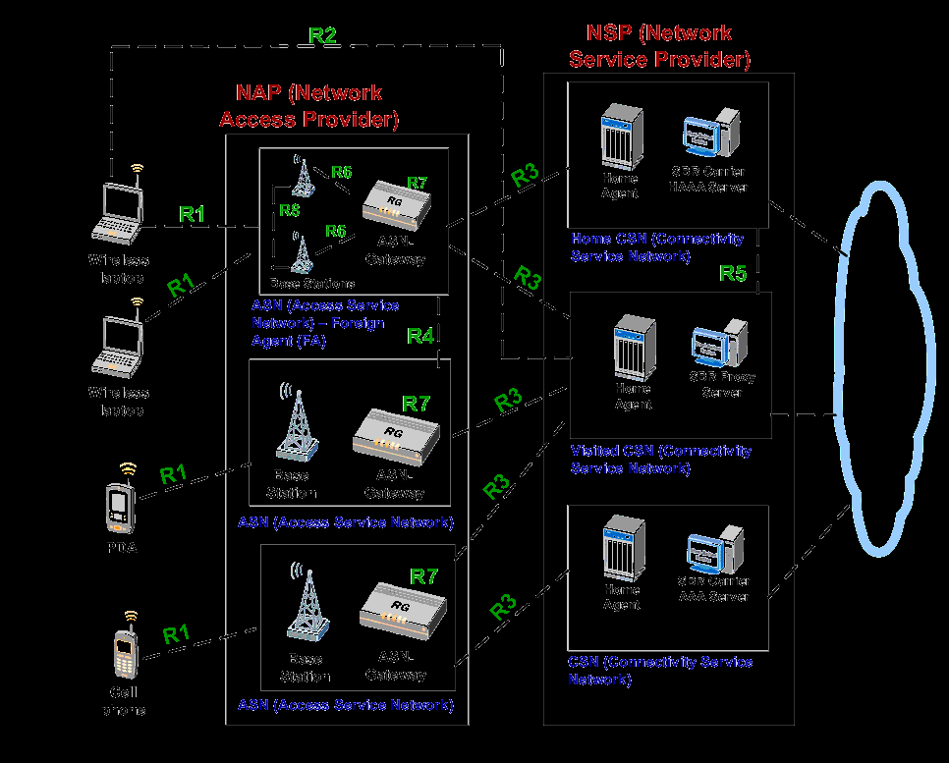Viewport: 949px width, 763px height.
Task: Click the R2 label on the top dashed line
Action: [x=323, y=35]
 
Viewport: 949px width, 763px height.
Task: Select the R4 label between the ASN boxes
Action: [x=420, y=336]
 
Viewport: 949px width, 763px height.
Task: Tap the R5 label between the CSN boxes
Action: [x=733, y=273]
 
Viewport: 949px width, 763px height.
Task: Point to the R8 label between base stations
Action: [x=289, y=209]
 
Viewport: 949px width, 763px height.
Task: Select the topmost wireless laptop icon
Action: [x=117, y=211]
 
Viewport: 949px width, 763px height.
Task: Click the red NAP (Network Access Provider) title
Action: [x=308, y=106]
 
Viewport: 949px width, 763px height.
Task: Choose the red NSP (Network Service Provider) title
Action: [x=659, y=46]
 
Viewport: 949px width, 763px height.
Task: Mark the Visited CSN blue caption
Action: [x=660, y=459]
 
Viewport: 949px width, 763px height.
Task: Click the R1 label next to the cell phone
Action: [x=176, y=633]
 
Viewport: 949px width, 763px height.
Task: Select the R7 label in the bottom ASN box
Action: [x=423, y=576]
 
